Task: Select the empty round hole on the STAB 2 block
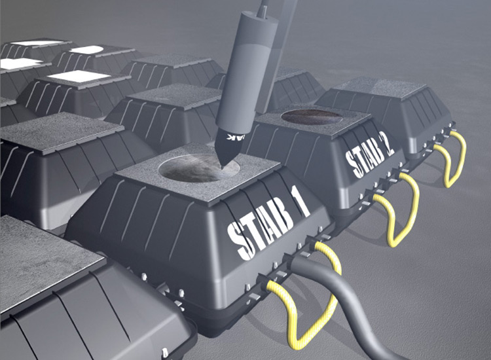(x=311, y=117)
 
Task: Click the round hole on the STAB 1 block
(x=190, y=169)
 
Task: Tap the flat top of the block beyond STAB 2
(x=380, y=88)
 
